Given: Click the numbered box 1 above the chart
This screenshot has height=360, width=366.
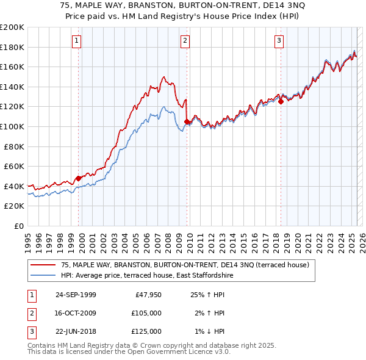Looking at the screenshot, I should point(77,41).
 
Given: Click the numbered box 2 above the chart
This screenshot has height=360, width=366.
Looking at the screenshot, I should point(185,41).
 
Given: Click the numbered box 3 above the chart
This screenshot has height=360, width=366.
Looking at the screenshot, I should point(279,41).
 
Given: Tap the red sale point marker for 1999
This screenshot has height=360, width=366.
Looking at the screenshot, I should point(79,178).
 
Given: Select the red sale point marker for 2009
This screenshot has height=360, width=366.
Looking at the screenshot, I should point(186,121).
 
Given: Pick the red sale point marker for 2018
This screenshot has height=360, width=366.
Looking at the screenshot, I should point(281,102).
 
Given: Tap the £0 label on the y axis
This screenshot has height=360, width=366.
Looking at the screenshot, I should point(18,226).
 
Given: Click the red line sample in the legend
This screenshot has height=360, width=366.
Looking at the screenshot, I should point(43,265).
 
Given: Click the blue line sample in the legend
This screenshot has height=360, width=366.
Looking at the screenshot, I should point(43,275).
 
